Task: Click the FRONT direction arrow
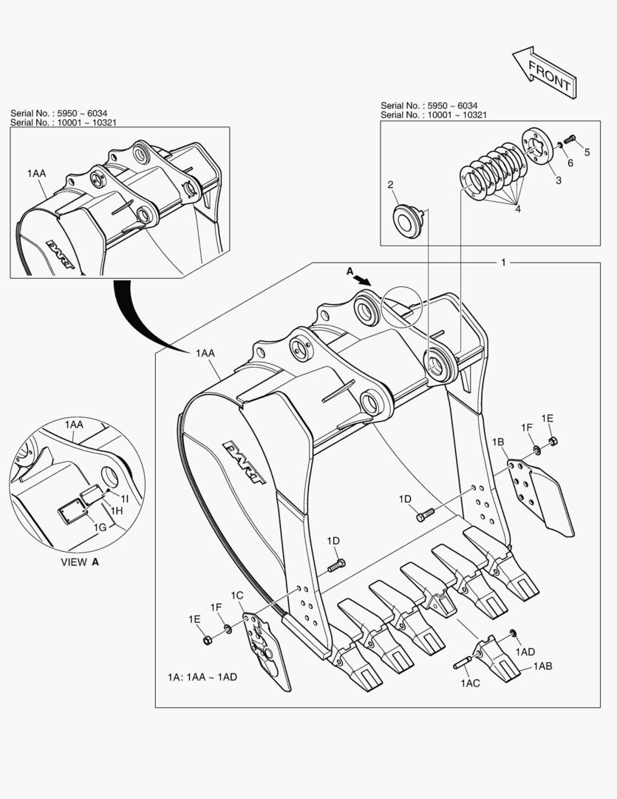[544, 73]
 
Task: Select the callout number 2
[391, 185]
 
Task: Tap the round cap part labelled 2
[406, 220]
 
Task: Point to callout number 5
[587, 152]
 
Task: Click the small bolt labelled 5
[570, 138]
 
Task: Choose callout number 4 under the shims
[517, 209]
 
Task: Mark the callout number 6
[569, 163]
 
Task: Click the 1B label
[499, 442]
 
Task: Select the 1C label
[236, 596]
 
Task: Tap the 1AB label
[542, 667]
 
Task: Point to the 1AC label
[470, 683]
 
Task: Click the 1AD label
[525, 651]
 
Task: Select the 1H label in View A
[116, 511]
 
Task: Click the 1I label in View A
[125, 499]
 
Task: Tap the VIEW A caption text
[79, 562]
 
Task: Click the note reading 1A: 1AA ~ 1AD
[202, 677]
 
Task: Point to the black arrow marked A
[362, 278]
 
